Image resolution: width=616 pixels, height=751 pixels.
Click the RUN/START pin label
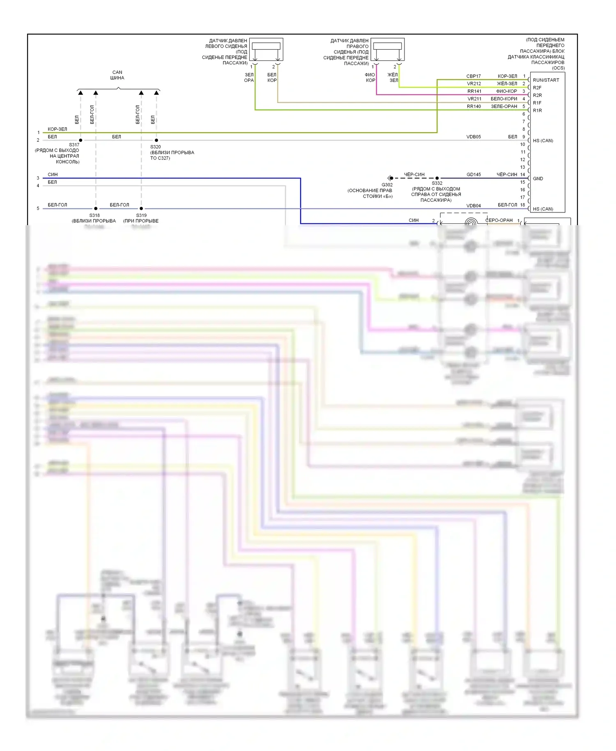[x=545, y=80]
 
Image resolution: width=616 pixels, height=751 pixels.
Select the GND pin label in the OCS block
[x=538, y=179]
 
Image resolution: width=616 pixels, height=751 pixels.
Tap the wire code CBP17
[x=473, y=76]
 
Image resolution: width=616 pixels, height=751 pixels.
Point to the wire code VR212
[x=473, y=84]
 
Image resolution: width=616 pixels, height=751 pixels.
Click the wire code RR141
[x=474, y=91]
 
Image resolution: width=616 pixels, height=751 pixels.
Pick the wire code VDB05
[x=473, y=137]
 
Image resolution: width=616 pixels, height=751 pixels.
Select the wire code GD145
[x=473, y=175]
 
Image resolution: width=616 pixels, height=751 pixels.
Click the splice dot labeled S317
[x=80, y=141]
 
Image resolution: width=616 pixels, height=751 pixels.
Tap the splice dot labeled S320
[x=156, y=141]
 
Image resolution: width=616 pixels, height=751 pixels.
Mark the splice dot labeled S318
[x=96, y=209]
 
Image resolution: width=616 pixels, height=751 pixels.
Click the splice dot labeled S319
[x=141, y=209]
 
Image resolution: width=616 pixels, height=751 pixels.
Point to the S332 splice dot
[x=437, y=178]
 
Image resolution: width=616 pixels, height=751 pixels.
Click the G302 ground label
[x=387, y=185]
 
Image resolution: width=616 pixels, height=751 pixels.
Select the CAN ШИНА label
[x=117, y=75]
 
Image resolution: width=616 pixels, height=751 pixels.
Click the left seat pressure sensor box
[x=266, y=49]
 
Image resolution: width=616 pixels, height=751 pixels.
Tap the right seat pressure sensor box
[x=387, y=49]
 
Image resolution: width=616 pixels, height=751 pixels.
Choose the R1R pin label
[x=537, y=111]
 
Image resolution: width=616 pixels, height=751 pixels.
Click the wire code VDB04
[x=473, y=206]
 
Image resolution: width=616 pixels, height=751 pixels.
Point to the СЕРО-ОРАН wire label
[x=499, y=220]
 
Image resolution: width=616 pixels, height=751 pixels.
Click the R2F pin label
[x=537, y=88]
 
